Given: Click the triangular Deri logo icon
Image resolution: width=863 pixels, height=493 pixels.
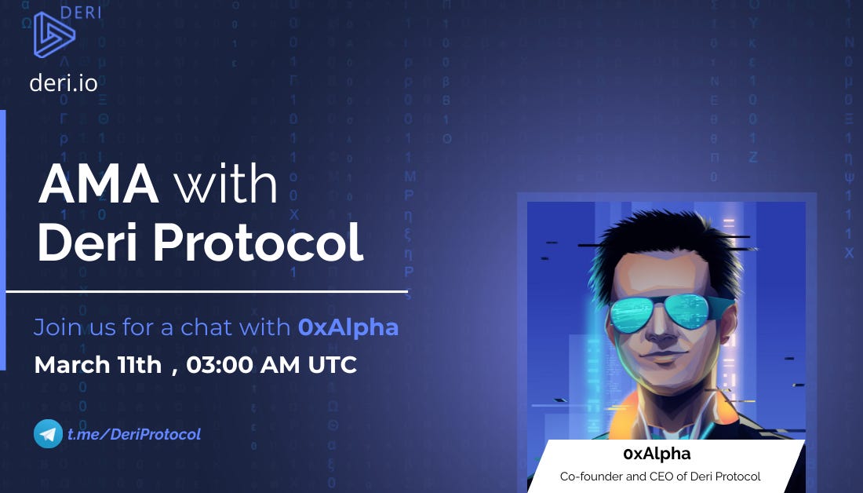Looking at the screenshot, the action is (54, 35).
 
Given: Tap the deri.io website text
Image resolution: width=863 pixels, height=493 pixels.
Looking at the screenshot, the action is (64, 83).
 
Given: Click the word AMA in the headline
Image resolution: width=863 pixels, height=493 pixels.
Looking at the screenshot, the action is (99, 184).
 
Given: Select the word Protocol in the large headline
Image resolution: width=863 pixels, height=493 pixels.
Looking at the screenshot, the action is (257, 242).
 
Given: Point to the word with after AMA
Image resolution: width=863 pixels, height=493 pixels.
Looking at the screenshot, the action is (226, 184).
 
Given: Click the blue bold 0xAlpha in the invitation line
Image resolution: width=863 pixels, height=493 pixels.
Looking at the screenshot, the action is (348, 327).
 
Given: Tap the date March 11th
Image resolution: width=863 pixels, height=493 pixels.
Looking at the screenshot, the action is (98, 365).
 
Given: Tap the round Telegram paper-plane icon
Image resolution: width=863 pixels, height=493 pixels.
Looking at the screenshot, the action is (48, 433).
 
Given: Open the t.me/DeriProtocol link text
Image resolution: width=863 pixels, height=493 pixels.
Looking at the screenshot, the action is (133, 434).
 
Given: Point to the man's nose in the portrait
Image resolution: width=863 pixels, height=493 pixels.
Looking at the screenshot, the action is (663, 330).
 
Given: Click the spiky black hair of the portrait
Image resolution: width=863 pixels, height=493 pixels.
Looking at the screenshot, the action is (667, 245).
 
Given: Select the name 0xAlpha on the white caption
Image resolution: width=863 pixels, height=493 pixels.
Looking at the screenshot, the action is (657, 454).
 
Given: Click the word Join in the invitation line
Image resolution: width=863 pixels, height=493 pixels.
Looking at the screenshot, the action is (56, 327).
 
